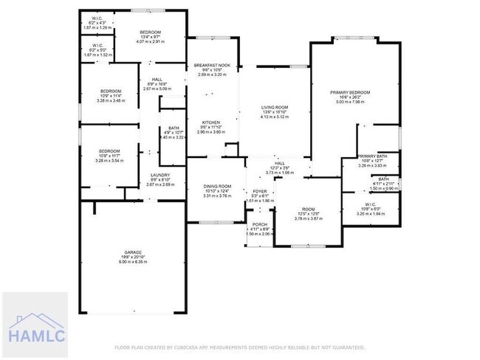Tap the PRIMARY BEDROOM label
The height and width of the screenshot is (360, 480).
[354, 92]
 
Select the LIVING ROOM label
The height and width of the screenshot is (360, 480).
[275, 107]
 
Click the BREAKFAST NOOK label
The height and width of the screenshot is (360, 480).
[212, 65]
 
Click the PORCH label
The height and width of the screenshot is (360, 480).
[259, 224]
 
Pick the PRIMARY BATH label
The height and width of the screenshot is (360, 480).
[372, 156]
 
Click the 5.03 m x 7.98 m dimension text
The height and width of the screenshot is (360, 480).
[354, 103]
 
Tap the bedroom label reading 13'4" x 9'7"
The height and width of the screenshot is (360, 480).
[151, 32]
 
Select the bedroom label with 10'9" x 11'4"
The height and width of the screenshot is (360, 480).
[111, 91]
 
